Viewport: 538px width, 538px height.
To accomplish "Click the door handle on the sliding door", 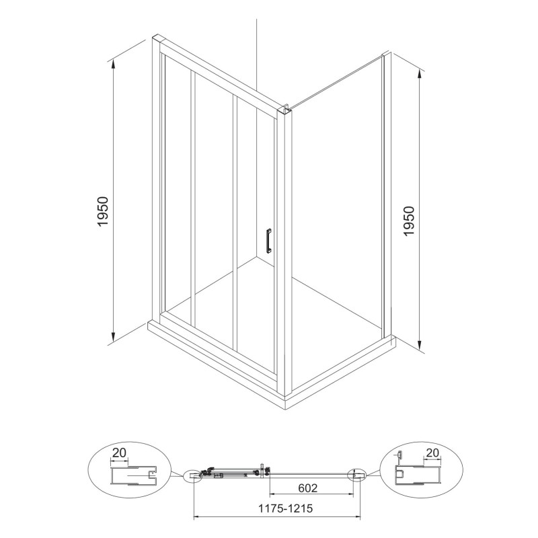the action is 268,241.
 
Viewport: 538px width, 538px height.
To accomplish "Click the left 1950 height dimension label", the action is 103,211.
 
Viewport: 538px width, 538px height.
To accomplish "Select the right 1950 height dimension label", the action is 409,221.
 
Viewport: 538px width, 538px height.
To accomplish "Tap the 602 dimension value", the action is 308,488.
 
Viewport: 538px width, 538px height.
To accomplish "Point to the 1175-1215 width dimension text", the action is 285,508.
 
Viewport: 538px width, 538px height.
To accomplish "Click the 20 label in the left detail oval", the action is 119,453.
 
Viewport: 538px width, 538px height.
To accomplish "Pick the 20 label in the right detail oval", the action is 432,453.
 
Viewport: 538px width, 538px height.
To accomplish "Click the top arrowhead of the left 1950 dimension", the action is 113,64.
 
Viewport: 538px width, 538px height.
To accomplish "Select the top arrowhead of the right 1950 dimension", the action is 420,73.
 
